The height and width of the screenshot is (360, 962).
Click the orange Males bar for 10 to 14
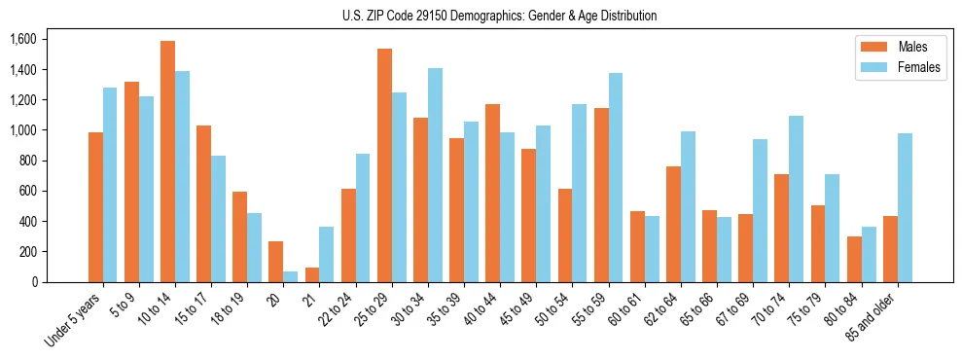[x=168, y=162]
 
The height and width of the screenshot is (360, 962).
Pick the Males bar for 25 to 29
[x=385, y=165]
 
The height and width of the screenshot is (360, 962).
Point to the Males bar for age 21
[x=312, y=274]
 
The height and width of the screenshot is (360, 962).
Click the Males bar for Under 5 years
[x=95, y=207]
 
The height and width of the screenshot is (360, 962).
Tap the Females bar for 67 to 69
[x=761, y=210]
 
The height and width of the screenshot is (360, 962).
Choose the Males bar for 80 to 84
[x=854, y=259]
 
